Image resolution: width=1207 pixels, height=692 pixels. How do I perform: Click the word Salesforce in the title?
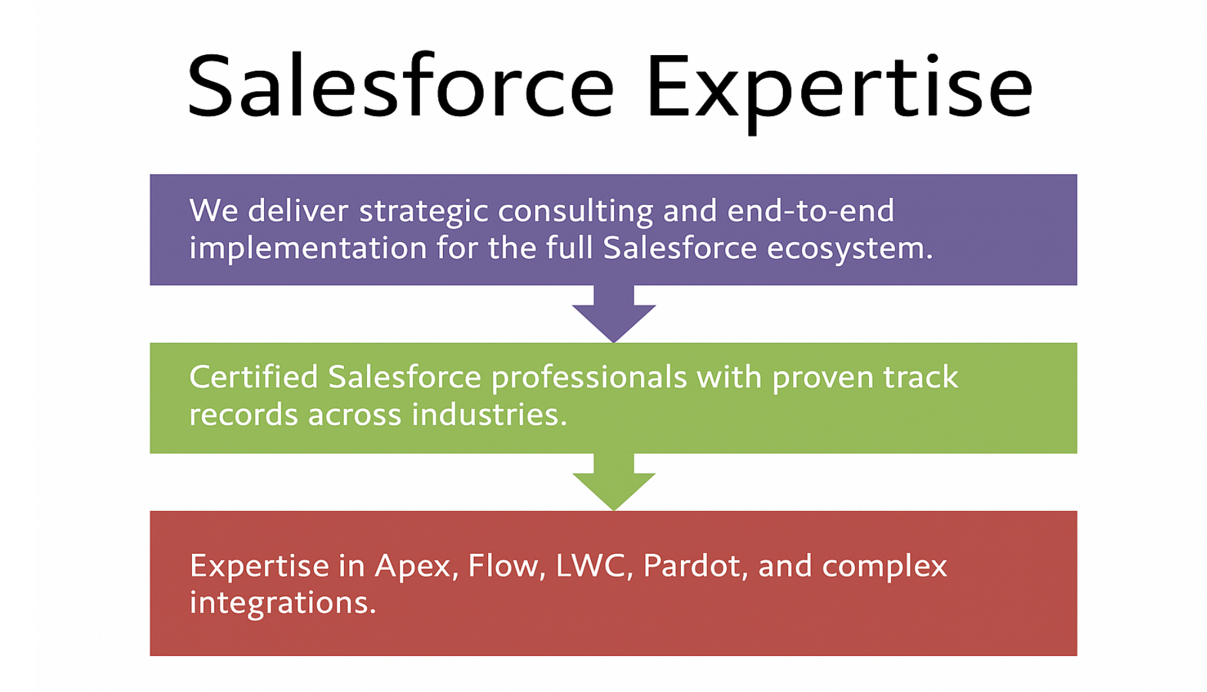(400, 86)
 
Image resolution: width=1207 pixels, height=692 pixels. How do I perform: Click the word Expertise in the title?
(839, 92)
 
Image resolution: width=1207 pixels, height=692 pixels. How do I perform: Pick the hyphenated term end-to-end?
(811, 211)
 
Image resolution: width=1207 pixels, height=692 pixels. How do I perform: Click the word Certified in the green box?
(254, 377)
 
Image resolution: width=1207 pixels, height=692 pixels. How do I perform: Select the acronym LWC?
(590, 566)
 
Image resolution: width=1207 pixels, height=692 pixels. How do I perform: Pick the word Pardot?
(692, 566)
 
